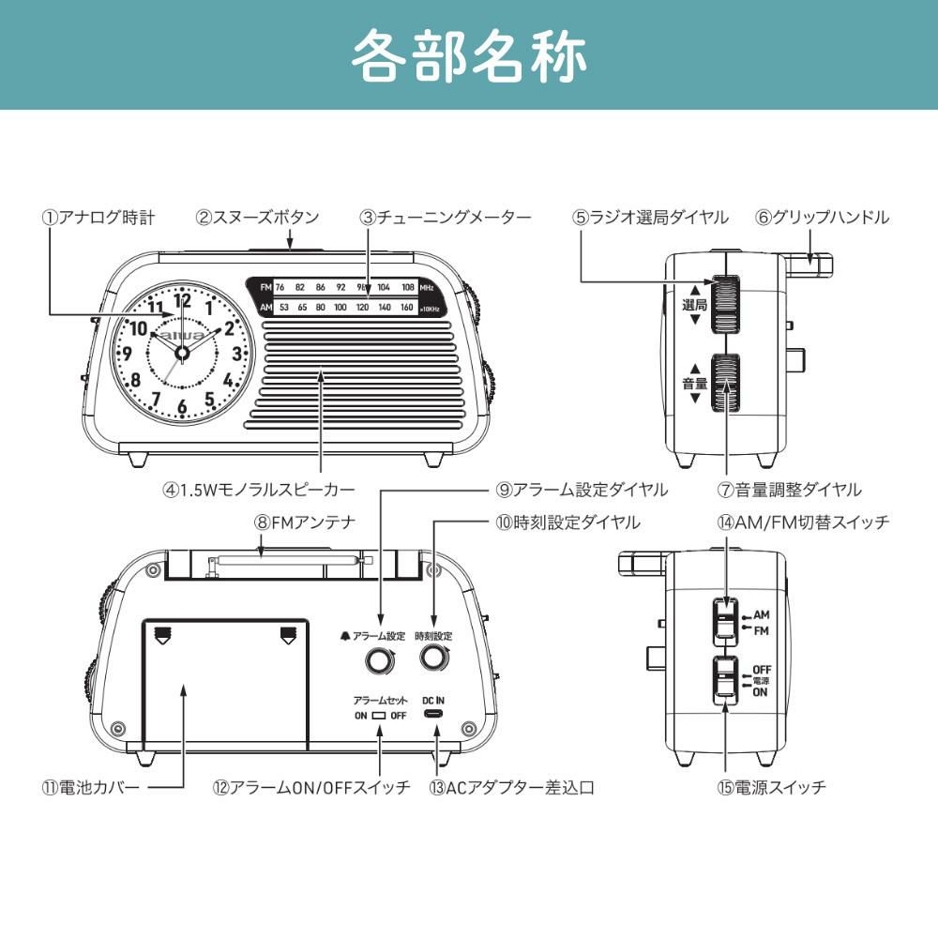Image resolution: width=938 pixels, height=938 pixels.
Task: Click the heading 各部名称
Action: tap(469, 55)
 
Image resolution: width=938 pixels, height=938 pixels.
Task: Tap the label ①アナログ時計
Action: tap(98, 218)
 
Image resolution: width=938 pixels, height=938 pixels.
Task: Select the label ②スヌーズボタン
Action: tap(257, 218)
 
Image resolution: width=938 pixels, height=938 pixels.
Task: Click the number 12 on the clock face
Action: tap(182, 300)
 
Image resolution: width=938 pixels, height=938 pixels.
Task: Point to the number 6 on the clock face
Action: tap(182, 407)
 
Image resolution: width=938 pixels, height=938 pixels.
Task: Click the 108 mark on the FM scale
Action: tap(408, 287)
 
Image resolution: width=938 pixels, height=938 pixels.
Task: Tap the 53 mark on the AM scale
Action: tap(284, 307)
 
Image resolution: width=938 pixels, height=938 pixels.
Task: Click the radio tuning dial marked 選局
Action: tap(724, 305)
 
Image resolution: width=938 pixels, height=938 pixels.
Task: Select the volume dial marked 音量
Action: tap(724, 383)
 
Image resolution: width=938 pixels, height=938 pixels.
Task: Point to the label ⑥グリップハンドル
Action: tap(823, 218)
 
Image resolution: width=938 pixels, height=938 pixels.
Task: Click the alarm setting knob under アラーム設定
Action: tap(380, 661)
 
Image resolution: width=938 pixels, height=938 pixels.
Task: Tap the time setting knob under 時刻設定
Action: tap(432, 658)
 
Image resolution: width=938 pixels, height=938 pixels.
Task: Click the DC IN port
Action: tap(433, 714)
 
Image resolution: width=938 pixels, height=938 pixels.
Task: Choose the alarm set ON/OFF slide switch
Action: tap(379, 716)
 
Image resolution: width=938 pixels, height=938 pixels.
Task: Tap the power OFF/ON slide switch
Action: tap(724, 679)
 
